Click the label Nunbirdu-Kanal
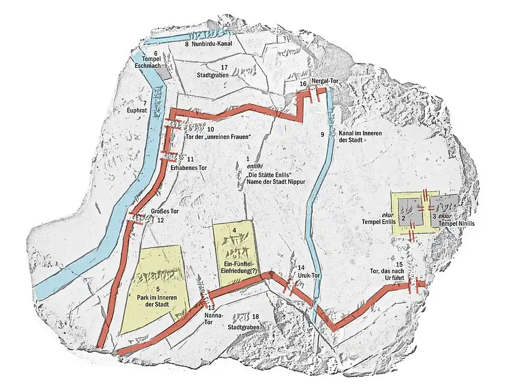coord(212,45)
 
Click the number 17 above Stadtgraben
coord(224,67)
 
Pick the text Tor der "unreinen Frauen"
coord(217,137)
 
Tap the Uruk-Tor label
coord(308,276)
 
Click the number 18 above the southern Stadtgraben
coord(255,316)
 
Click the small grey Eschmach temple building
coord(166,73)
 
